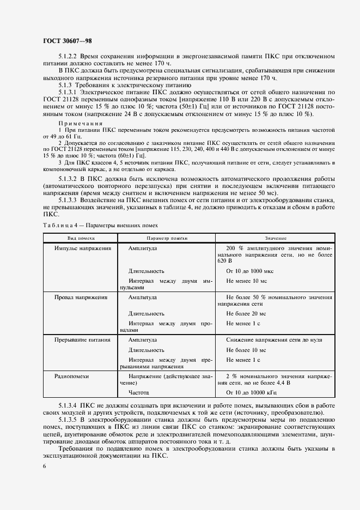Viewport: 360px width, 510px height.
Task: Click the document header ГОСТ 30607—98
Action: [x=64, y=41]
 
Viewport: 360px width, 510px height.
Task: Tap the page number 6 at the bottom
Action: [x=44, y=466]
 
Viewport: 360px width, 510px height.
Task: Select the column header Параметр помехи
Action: [x=167, y=238]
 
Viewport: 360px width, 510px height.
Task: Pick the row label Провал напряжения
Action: [x=81, y=297]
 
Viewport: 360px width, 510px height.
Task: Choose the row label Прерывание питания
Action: [x=82, y=339]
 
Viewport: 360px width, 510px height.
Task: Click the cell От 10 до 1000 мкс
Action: [x=253, y=271]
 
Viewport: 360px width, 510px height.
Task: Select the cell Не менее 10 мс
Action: [x=246, y=281]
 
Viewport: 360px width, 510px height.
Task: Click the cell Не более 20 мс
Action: [x=246, y=313]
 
